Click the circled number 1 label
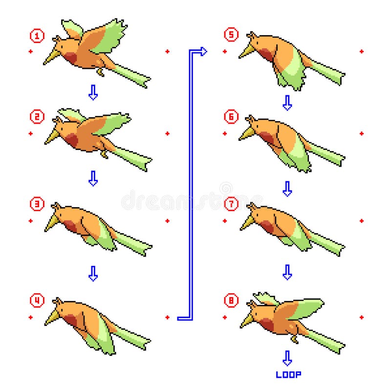click(36, 35)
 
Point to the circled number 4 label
click(36, 300)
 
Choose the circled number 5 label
click(230, 35)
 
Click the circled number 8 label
click(230, 300)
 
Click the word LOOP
click(288, 375)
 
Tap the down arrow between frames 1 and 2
click(93, 92)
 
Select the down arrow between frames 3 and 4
click(93, 273)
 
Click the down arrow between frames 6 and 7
click(287, 189)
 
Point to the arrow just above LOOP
click(287, 358)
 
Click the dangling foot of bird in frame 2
click(104, 154)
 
